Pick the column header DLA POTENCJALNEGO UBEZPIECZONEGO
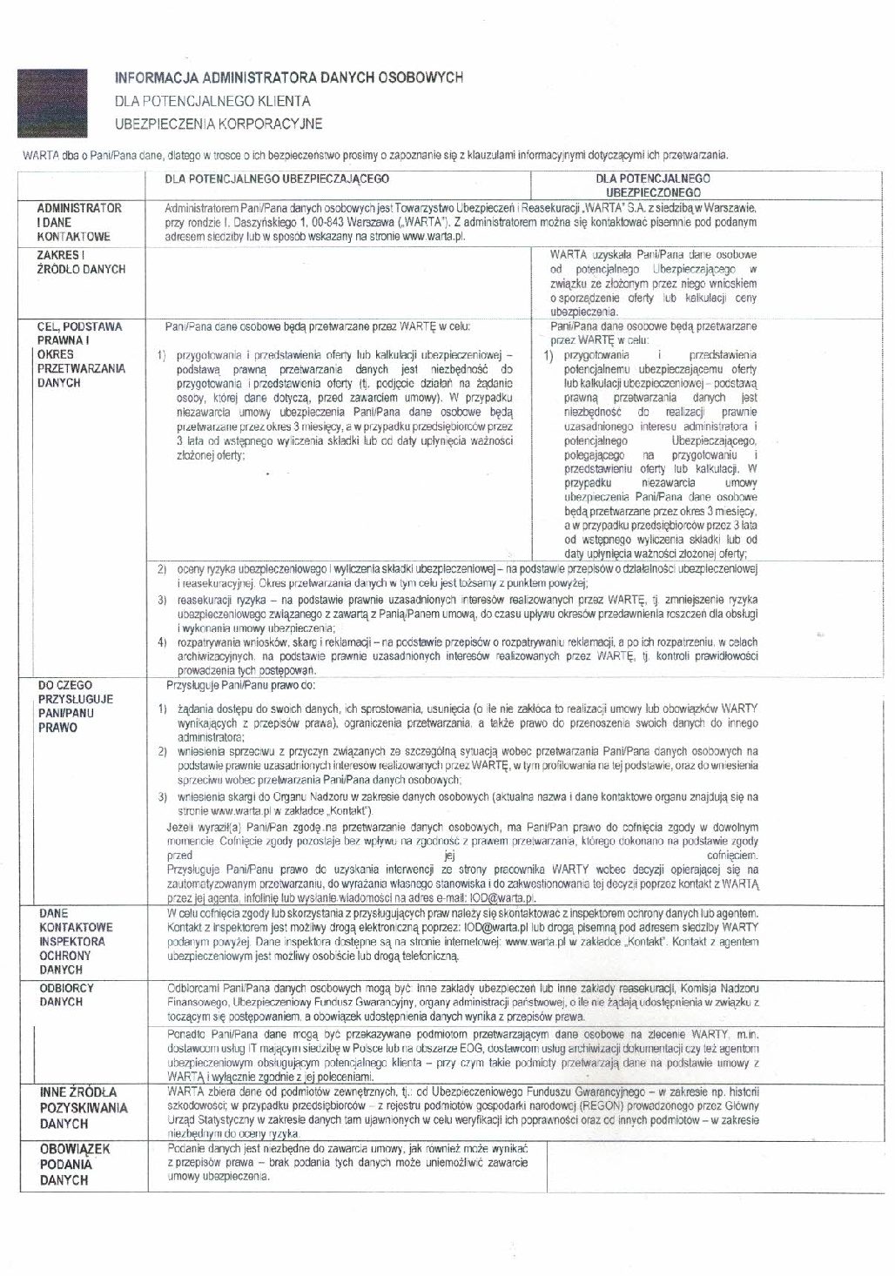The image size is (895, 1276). coord(654,184)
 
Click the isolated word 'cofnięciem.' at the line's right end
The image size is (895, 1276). coord(732,856)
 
